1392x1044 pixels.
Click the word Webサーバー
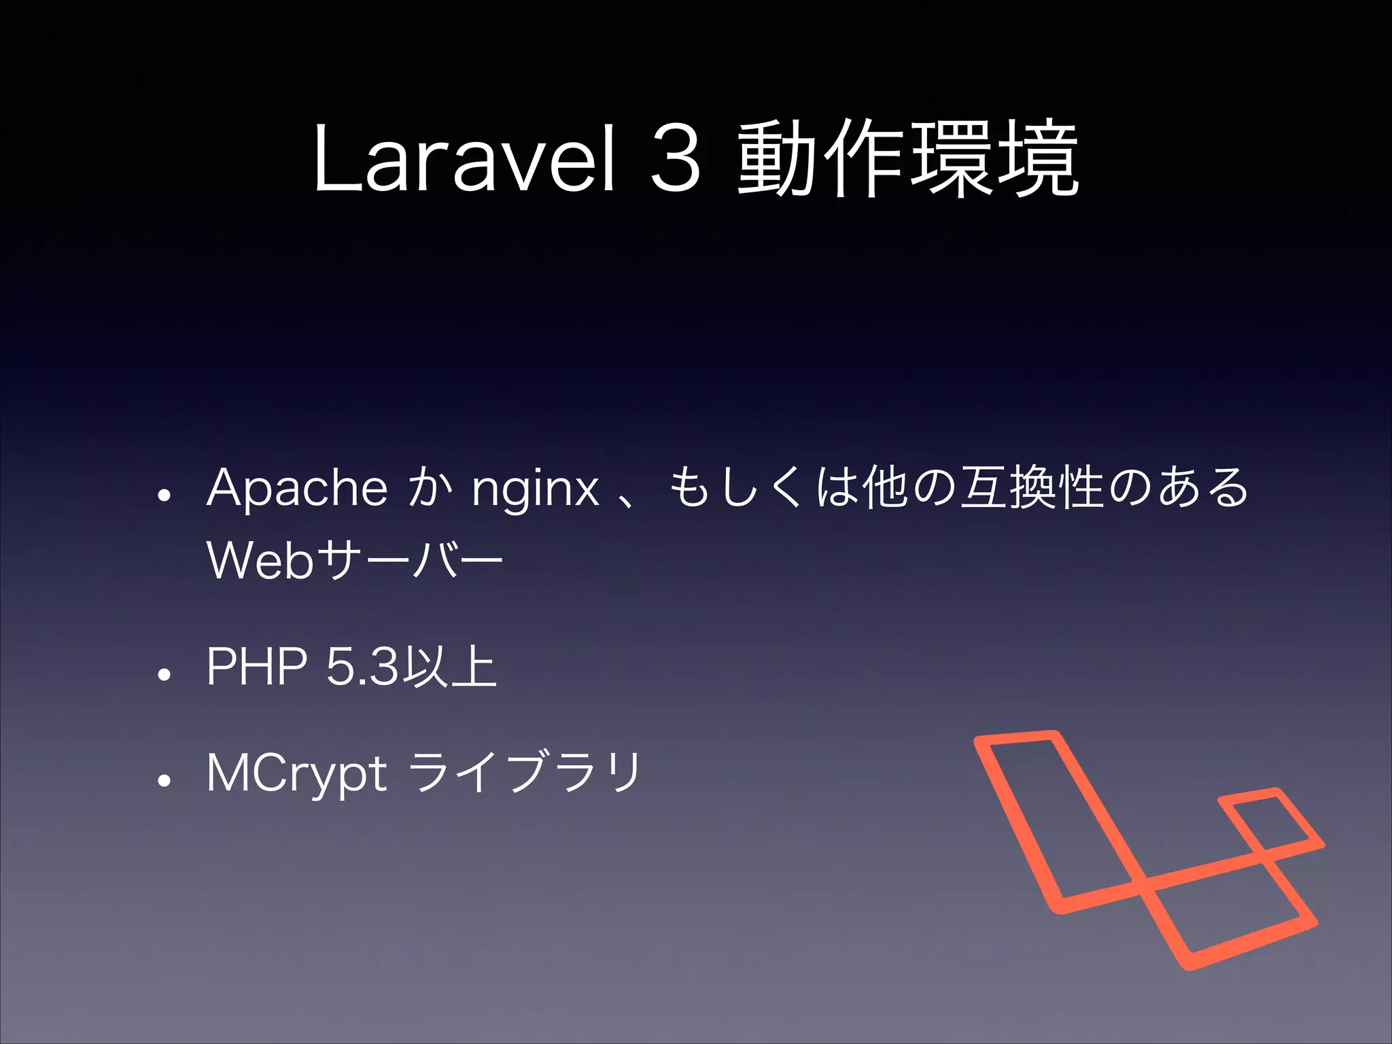(x=354, y=561)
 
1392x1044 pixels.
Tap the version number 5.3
(x=362, y=667)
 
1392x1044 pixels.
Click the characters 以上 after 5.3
(x=449, y=667)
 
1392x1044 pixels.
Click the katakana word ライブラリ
(x=526, y=773)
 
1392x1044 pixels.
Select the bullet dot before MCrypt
(x=163, y=781)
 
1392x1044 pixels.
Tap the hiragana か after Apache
(x=430, y=488)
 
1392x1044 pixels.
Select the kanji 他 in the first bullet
(x=884, y=488)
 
